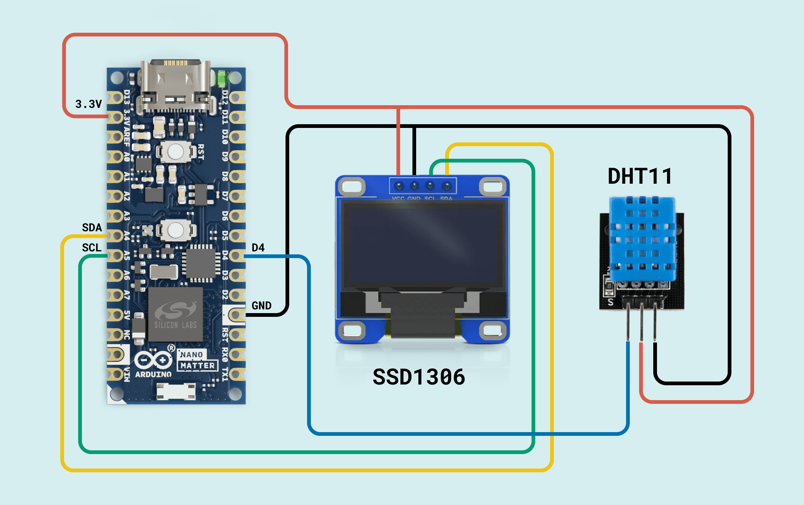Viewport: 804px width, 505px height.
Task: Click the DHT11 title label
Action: coord(639,176)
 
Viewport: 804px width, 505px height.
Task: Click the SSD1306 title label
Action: coord(419,377)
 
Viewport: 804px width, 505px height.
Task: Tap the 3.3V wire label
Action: coord(88,104)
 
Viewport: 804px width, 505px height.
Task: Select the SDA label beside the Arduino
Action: coord(92,227)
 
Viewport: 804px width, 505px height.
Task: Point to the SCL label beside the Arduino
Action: coord(92,247)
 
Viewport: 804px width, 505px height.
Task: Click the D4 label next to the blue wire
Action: coord(258,247)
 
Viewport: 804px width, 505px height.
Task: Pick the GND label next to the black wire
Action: coord(261,305)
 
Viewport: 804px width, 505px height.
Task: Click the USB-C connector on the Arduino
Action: coord(175,86)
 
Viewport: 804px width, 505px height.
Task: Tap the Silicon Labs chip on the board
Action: coord(175,314)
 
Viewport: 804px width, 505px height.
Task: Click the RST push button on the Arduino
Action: coord(175,151)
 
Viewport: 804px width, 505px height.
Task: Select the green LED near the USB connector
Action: coord(221,79)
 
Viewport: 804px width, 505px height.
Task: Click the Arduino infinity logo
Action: coord(153,360)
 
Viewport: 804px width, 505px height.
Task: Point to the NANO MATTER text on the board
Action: coord(197,360)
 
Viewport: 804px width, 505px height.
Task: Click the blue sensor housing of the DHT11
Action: coord(642,238)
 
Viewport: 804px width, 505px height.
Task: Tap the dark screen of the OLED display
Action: coord(422,245)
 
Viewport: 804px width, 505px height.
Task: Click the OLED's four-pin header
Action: coord(422,186)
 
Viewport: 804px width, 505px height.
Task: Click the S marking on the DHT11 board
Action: coord(610,302)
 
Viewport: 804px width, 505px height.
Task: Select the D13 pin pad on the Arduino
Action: coord(115,98)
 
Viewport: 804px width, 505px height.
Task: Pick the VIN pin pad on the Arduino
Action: coord(115,374)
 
